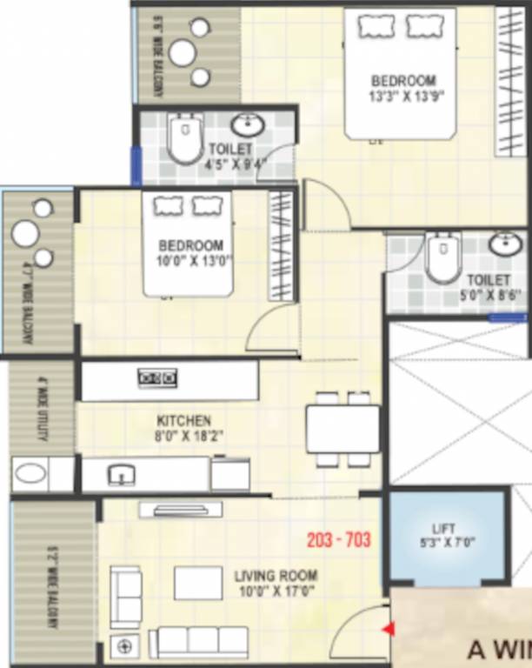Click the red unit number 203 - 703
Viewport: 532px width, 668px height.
[x=339, y=540]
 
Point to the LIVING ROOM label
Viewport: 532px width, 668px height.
[x=276, y=576]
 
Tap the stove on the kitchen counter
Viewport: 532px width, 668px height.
[x=157, y=377]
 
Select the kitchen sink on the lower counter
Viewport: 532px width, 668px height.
[x=122, y=475]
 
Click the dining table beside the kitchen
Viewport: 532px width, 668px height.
[x=342, y=429]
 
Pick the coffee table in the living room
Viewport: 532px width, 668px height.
[x=198, y=583]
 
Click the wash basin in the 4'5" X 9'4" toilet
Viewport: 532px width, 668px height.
[x=249, y=125]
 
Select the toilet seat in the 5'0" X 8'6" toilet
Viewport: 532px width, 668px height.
[x=442, y=258]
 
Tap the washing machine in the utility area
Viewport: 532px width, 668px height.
[x=31, y=475]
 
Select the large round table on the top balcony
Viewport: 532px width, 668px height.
[x=183, y=53]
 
